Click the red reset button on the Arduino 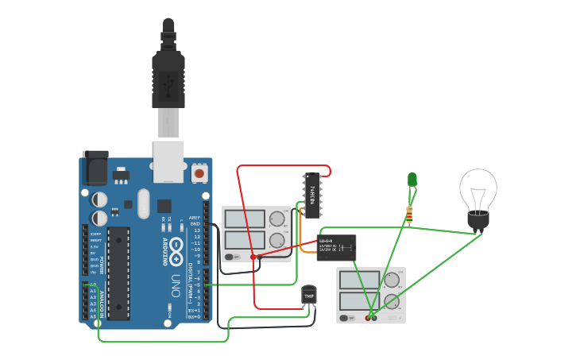pos(199,172)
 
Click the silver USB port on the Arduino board pos(168,159)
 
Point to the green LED pos(412,180)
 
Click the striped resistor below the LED pos(410,213)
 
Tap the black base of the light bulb pos(477,222)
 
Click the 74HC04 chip pos(312,195)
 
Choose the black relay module pos(336,247)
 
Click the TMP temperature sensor pos(309,296)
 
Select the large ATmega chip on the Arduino pos(118,273)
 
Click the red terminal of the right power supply pos(368,318)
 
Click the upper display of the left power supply pos(245,219)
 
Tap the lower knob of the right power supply pos(392,301)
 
